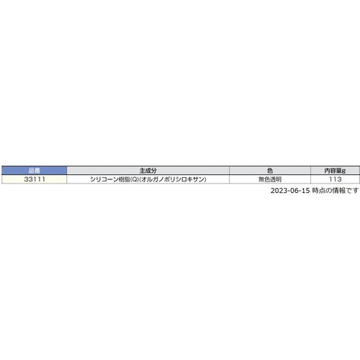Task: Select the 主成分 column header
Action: coord(148,170)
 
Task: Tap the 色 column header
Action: coord(269,170)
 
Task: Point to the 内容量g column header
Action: coord(334,170)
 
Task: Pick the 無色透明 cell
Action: coord(269,179)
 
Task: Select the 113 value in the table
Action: coord(334,179)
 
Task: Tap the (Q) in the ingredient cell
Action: coord(134,179)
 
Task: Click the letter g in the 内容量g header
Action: coord(344,170)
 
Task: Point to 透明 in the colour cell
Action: coord(276,179)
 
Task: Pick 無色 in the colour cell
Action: coord(263,179)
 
